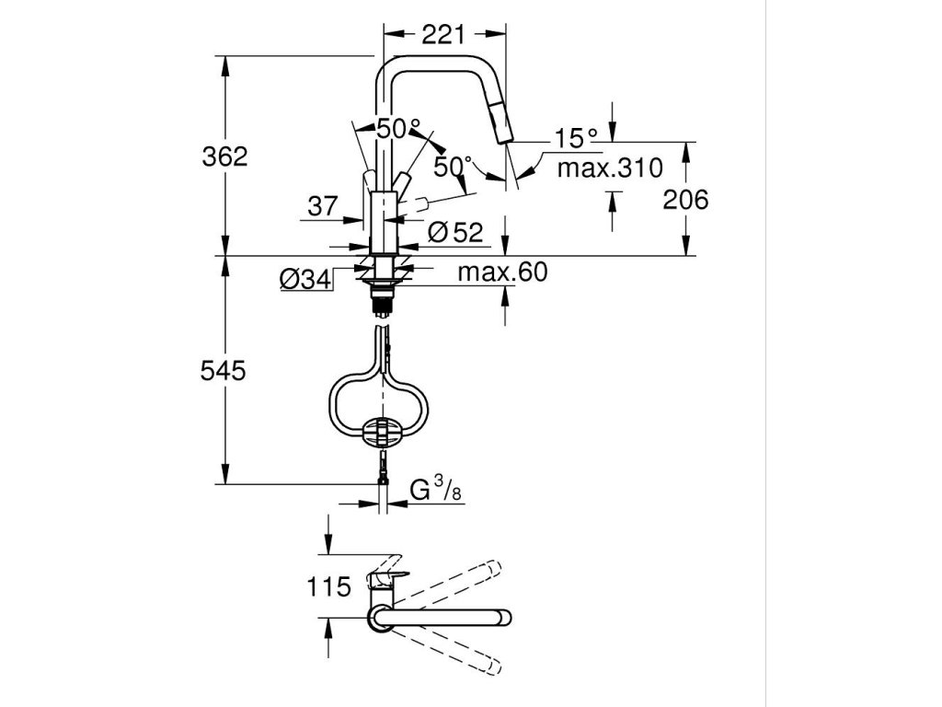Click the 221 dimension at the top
pyautogui.click(x=443, y=36)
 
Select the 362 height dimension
pyautogui.click(x=224, y=156)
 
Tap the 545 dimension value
pyautogui.click(x=224, y=370)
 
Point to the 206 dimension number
pyautogui.click(x=685, y=199)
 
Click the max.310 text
pyautogui.click(x=610, y=168)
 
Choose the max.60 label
pyautogui.click(x=502, y=272)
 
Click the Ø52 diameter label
pyautogui.click(x=454, y=232)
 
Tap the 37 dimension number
pyautogui.click(x=323, y=207)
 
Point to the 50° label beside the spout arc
pyautogui.click(x=453, y=168)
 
